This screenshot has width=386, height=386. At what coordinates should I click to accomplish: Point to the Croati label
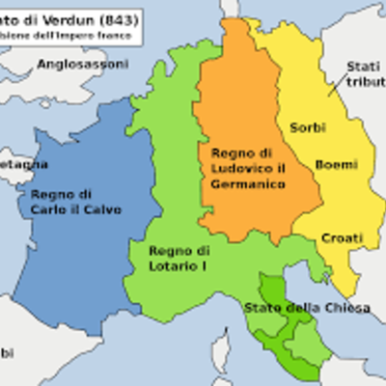pos(342,237)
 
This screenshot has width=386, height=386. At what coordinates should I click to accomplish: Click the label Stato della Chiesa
pos(293,308)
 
